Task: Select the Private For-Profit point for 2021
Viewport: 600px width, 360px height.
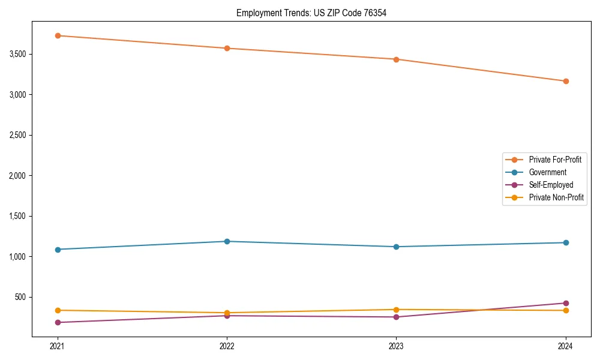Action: pos(58,35)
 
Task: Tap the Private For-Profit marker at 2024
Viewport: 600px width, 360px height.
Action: pos(566,81)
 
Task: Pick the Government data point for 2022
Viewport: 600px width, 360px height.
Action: pos(227,241)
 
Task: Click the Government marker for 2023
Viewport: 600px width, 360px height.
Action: pos(397,247)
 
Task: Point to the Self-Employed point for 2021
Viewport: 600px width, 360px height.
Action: pos(58,322)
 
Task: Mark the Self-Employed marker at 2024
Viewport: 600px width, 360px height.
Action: pos(566,303)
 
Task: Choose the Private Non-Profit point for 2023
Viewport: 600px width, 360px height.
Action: pos(397,310)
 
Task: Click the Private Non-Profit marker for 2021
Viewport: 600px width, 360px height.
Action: pos(58,310)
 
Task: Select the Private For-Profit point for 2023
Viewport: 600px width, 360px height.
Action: pos(397,59)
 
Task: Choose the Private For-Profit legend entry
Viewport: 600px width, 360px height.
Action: pos(554,160)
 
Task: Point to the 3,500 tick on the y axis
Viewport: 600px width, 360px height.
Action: pos(17,54)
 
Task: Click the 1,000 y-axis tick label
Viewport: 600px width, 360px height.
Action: pos(17,257)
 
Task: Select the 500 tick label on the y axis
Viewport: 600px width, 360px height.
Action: pos(20,297)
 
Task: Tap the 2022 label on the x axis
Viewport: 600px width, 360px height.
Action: pos(227,346)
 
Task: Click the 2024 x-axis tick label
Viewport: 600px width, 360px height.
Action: pos(566,346)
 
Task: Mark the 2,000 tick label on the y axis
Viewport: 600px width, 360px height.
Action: pos(17,176)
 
